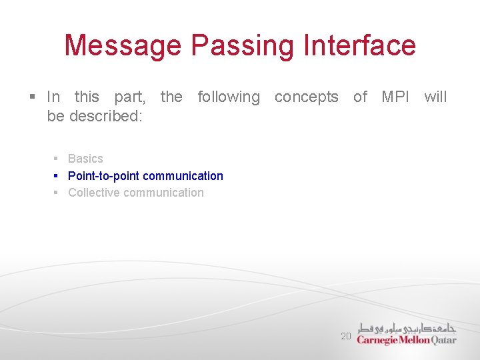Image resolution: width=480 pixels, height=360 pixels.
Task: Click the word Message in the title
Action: (x=123, y=45)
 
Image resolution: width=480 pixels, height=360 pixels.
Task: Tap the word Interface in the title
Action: (x=359, y=45)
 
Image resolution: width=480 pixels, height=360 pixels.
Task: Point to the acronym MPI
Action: (x=396, y=97)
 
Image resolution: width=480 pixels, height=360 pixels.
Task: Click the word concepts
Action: (x=306, y=97)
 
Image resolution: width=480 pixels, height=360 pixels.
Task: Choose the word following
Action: (x=229, y=97)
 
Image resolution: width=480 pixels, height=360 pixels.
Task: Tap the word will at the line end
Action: (x=435, y=97)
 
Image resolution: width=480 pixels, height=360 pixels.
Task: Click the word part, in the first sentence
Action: (x=130, y=97)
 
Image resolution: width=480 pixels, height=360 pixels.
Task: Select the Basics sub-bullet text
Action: (x=85, y=159)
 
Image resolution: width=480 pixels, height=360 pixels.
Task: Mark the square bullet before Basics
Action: (x=57, y=159)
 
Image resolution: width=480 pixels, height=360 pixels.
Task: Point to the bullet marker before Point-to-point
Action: (x=57, y=176)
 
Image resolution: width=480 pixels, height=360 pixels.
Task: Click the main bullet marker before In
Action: (x=33, y=97)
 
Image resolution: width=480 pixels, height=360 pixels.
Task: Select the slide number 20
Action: (x=345, y=336)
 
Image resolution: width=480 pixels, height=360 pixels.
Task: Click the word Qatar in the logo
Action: (x=444, y=340)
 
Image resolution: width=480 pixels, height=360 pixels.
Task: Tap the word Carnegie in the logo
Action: (x=378, y=340)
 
